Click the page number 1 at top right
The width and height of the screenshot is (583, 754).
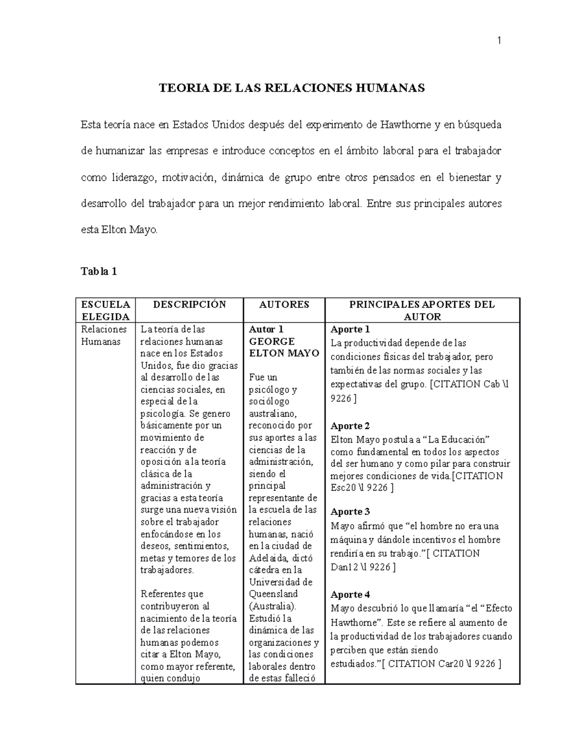tap(498, 41)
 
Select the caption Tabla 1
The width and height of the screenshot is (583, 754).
tap(99, 271)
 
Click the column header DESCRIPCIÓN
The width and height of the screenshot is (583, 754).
tap(189, 304)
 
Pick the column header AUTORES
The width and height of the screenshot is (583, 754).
tap(284, 304)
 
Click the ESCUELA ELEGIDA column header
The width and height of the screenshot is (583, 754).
tap(105, 310)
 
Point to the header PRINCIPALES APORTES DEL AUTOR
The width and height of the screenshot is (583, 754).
tap(422, 310)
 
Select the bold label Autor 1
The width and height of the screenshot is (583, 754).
tap(262, 329)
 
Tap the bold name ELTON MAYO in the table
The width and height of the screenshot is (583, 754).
tap(284, 353)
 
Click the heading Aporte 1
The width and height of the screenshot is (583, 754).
tap(350, 329)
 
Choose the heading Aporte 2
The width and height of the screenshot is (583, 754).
tap(350, 426)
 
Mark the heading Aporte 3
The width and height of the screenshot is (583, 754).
tap(350, 511)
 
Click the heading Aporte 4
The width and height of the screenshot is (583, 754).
tap(350, 594)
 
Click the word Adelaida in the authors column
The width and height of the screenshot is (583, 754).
tap(268, 558)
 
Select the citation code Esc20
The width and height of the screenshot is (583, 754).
tap(343, 487)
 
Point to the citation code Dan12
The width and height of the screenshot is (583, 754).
tap(344, 567)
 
